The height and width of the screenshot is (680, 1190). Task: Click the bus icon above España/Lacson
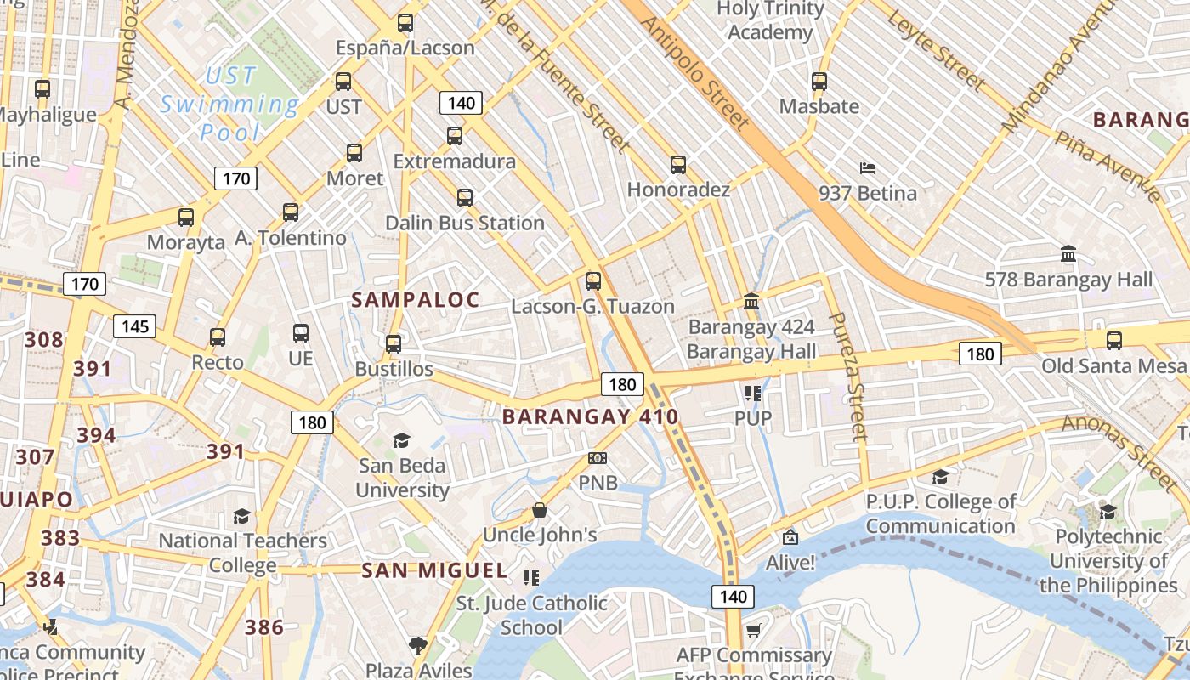click(x=405, y=23)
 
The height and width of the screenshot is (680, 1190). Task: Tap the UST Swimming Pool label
click(x=229, y=104)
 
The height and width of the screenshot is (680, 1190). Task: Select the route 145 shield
click(x=135, y=326)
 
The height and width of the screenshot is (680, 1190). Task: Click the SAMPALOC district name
click(x=416, y=300)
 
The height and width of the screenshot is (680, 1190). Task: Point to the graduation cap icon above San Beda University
click(x=401, y=440)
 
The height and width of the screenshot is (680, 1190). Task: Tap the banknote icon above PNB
click(x=598, y=459)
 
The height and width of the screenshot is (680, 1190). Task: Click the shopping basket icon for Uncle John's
click(x=539, y=511)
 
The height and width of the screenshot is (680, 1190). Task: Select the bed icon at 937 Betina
click(x=868, y=168)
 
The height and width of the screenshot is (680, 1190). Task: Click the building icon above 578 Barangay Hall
click(x=1068, y=254)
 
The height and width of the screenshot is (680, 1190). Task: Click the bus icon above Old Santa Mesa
click(x=1113, y=341)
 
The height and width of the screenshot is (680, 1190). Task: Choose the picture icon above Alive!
click(x=790, y=537)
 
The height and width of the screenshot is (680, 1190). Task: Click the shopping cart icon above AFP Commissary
click(x=753, y=630)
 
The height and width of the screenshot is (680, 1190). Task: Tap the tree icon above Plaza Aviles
click(x=417, y=646)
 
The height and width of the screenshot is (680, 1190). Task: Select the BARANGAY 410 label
click(x=590, y=417)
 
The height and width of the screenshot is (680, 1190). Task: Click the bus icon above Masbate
click(x=819, y=82)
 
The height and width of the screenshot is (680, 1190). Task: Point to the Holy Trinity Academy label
click(x=771, y=20)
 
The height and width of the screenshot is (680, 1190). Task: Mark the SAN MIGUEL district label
click(x=434, y=570)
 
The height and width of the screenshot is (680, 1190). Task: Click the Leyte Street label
click(x=936, y=50)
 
